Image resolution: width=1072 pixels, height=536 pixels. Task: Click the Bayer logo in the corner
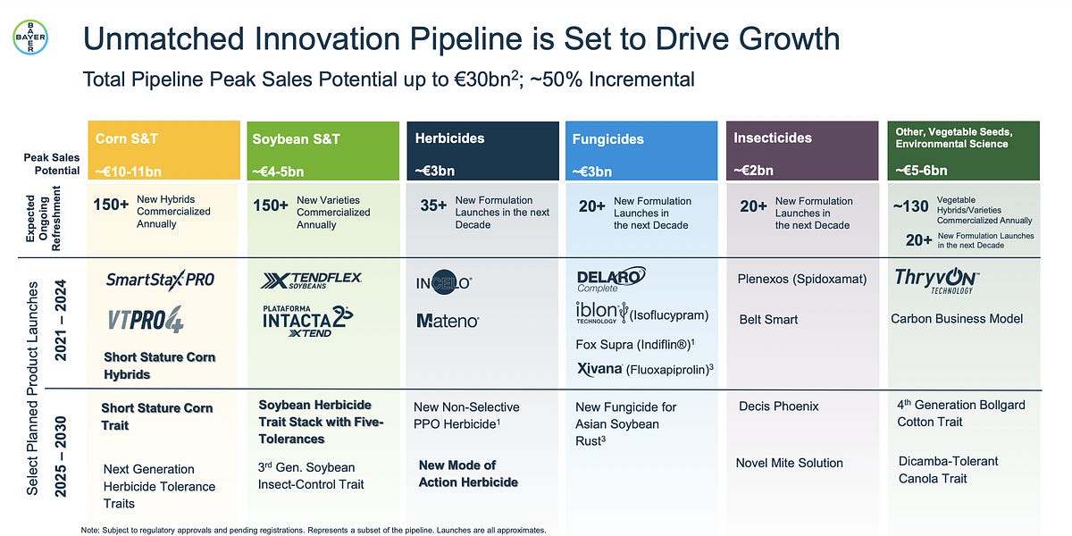31,38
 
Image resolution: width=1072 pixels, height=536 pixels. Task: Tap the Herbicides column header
449,138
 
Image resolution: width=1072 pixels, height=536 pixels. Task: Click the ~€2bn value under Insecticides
754,170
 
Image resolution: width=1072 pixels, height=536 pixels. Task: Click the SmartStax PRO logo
160,279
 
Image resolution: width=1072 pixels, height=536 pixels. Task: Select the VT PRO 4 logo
146,319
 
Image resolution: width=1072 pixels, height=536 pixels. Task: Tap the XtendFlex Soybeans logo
311,281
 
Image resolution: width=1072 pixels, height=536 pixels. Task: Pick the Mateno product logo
448,320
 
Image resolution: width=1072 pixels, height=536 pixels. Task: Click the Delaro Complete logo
611,281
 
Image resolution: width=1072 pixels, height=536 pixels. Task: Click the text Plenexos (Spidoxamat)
801,279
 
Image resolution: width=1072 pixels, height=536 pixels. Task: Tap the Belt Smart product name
768,319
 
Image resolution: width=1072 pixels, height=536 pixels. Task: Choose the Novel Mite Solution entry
789,463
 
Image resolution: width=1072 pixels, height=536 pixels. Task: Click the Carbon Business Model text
957,319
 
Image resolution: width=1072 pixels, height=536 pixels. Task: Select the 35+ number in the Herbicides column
433,205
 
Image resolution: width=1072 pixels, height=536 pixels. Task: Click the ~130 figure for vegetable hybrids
910,206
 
